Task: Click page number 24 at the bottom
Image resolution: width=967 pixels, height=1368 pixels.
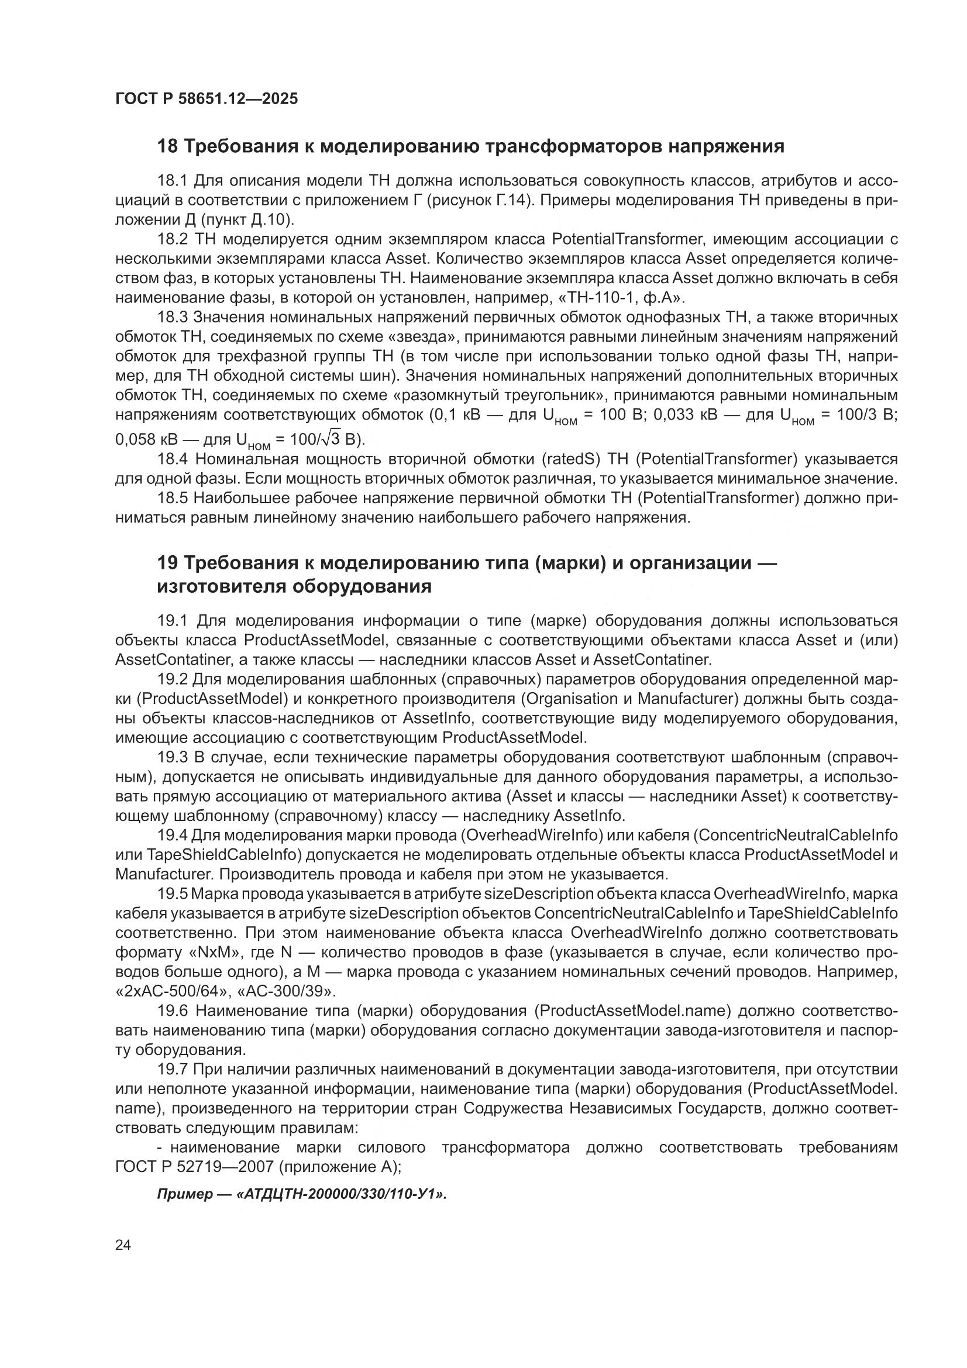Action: (123, 1245)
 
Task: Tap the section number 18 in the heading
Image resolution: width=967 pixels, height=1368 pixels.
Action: (167, 146)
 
